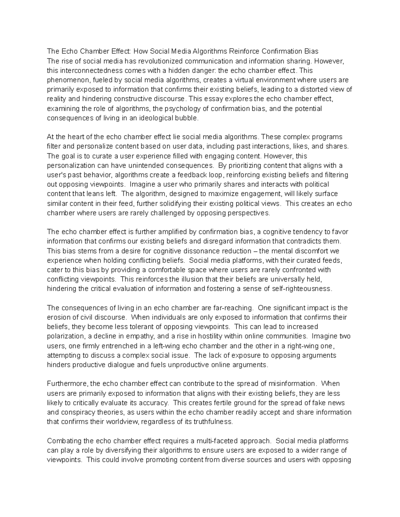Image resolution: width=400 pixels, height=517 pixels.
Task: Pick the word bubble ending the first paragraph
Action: pos(188,118)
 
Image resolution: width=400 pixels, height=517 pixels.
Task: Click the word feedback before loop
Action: pos(184,175)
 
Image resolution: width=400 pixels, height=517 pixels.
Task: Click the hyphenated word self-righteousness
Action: pos(302,289)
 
